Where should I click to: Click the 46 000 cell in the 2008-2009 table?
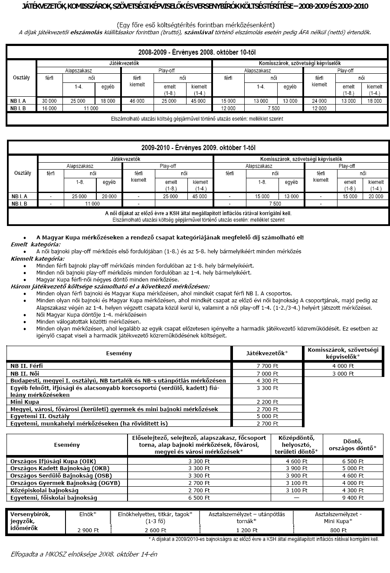pos(137,101)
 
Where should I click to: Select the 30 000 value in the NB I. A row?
pos(49,101)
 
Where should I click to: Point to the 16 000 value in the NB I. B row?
pos(49,108)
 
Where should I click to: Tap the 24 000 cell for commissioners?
pos(319,101)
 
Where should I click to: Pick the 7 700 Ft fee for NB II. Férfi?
pos(267,366)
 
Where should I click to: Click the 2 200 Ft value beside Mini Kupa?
pos(267,402)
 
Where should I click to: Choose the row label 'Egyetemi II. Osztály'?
pos(39,416)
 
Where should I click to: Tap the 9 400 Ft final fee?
pos(353,498)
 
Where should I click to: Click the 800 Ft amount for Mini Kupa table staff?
pos(338,530)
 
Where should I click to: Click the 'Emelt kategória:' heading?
pos(36,244)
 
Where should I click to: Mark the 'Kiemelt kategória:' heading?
pos(37,259)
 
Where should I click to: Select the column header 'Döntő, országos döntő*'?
pos(353,445)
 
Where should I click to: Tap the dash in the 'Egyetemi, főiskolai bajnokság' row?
pos(296,498)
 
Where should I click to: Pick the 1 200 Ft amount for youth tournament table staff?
pos(246,530)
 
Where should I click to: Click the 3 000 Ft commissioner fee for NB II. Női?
pos(343,373)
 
